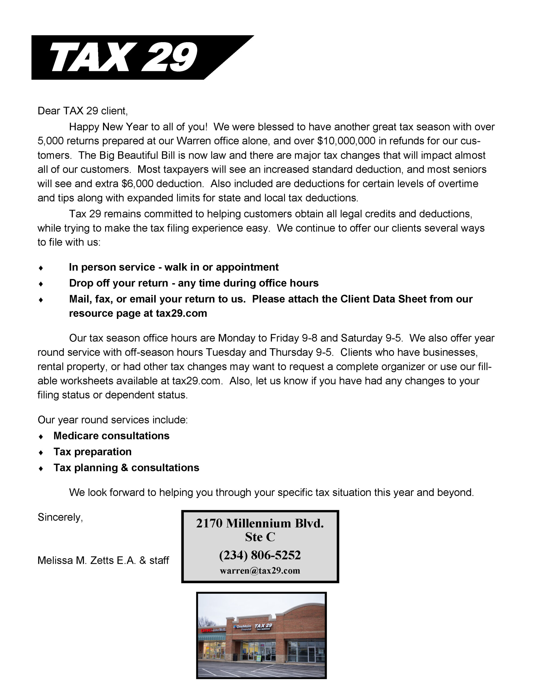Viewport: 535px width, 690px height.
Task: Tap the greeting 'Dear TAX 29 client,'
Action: coord(82,111)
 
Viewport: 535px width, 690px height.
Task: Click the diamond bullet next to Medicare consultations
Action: coord(41,437)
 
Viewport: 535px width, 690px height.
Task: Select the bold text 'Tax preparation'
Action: coord(92,452)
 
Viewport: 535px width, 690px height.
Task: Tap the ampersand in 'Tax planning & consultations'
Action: coord(125,468)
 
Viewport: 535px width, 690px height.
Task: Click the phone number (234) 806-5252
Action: coord(260,555)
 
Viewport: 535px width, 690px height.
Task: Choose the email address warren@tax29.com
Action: coord(260,571)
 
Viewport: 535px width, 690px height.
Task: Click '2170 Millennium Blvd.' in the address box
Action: coord(260,523)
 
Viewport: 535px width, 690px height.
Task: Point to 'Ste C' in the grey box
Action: coord(260,537)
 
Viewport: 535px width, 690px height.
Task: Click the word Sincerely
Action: coord(60,517)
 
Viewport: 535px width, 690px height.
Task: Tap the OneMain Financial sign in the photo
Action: coord(243,628)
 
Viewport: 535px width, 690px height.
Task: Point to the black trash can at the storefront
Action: coord(235,657)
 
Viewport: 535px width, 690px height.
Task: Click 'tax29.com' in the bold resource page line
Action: coord(181,313)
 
